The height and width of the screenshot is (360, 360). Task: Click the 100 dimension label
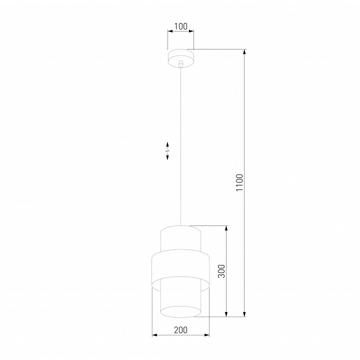[x=180, y=26]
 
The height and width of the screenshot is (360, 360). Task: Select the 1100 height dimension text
[x=239, y=182]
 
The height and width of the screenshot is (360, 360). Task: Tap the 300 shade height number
[x=221, y=271]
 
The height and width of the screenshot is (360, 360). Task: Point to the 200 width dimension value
[x=180, y=330]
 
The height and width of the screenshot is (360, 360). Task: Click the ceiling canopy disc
[x=180, y=58]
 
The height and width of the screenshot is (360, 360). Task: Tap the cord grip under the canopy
[x=181, y=64]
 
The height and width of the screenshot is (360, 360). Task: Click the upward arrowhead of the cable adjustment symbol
[x=167, y=144]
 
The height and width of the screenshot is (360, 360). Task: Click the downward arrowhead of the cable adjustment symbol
[x=167, y=157]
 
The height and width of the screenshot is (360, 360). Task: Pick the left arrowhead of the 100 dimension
[x=170, y=31]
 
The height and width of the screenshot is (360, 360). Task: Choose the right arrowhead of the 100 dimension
[x=191, y=31]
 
